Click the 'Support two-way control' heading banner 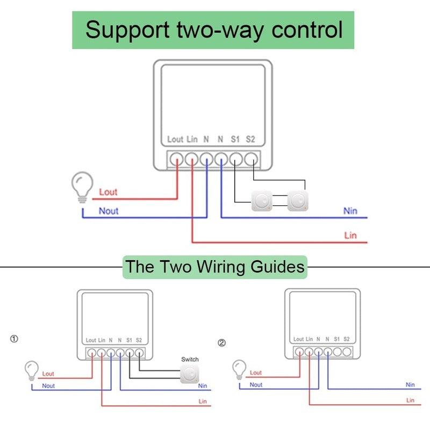pos(213,30)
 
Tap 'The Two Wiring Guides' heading pos(215,267)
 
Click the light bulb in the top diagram pos(82,187)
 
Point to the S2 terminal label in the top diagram pos(250,139)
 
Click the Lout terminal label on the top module pos(175,139)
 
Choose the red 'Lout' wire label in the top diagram pos(108,192)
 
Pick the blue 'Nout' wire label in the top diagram pos(109,211)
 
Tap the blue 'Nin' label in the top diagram pos(350,211)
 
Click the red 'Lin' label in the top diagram pos(350,235)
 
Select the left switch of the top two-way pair pos(262,202)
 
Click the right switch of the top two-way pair pos(297,202)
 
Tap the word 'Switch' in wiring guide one pos(190,359)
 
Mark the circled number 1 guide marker pos(14,339)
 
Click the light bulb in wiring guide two pos(239,369)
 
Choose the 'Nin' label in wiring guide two pos(410,384)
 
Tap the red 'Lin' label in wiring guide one pos(203,402)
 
